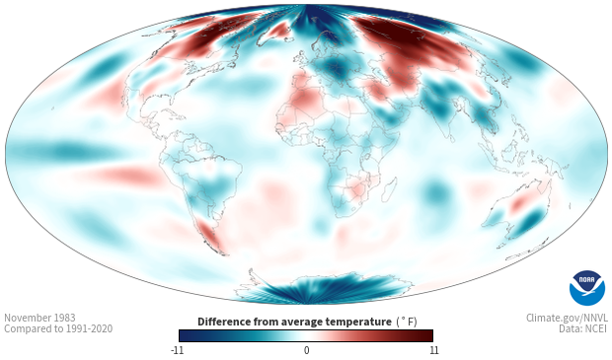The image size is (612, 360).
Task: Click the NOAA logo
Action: [x=587, y=288]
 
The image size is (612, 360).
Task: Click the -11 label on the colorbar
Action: [x=178, y=350]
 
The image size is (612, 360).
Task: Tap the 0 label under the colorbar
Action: [x=306, y=350]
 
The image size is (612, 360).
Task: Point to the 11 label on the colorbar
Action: [x=434, y=350]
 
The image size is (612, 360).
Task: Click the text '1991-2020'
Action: [x=89, y=328]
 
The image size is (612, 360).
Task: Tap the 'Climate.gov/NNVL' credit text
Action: [x=567, y=318]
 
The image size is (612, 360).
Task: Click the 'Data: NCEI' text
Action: [x=583, y=328]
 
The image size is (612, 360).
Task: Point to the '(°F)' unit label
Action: [x=407, y=322]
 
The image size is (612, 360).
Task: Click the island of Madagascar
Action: [x=390, y=190]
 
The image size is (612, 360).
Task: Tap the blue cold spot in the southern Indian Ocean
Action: [x=435, y=192]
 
